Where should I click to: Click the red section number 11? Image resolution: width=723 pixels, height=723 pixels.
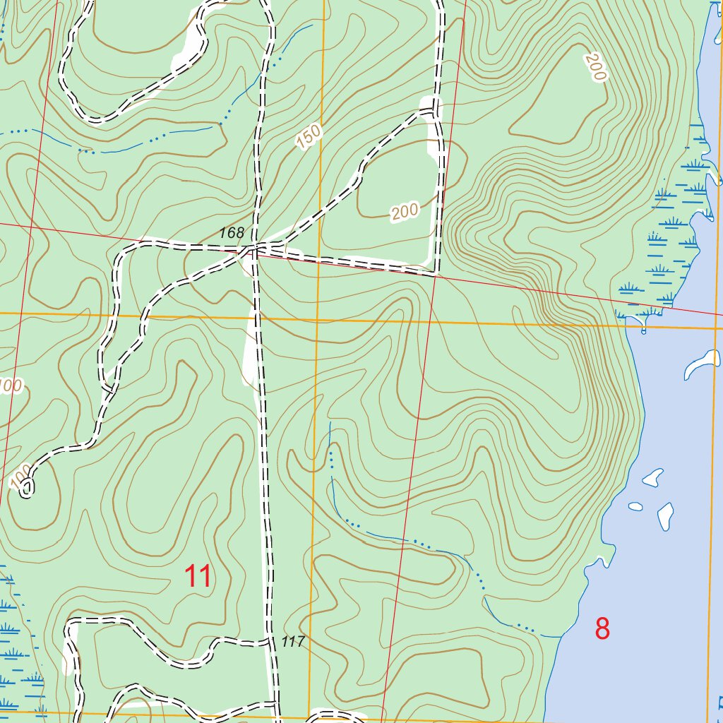click(198, 577)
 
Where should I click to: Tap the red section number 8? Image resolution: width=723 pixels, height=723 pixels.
click(602, 628)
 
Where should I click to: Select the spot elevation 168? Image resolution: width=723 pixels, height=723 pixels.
click(231, 232)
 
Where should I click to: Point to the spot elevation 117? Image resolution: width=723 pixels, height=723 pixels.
click(292, 642)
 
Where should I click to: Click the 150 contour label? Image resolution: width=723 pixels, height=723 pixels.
click(309, 136)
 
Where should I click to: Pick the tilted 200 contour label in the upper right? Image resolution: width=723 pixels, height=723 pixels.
click(596, 67)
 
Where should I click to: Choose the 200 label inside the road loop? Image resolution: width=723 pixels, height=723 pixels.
click(405, 211)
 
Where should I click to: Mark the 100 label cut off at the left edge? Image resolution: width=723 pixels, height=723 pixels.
click(10, 386)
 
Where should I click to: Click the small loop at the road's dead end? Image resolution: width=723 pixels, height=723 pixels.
click(27, 487)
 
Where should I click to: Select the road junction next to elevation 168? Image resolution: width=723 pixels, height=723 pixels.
click(251, 249)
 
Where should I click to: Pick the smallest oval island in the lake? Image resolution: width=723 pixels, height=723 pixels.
click(635, 506)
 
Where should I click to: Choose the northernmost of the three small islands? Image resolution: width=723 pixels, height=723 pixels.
click(653, 477)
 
